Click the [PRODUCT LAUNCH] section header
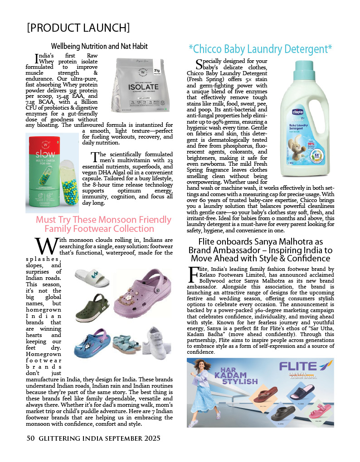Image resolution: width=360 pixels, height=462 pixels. coord(78,28)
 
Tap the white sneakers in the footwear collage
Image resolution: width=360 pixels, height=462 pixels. coord(156,343)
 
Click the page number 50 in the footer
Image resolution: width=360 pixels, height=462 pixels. coord(30,438)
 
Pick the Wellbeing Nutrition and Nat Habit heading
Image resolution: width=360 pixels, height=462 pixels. coord(99,46)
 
